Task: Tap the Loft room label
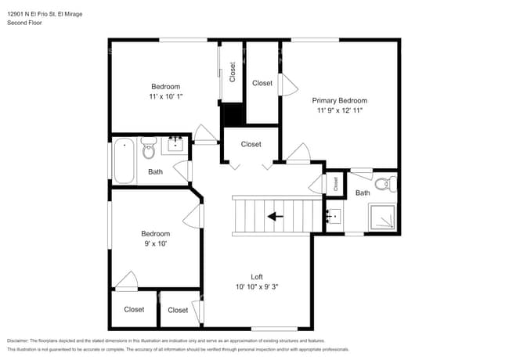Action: click(257, 276)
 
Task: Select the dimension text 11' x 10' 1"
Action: click(165, 97)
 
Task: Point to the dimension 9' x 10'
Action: click(154, 243)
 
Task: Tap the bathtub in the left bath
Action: click(124, 160)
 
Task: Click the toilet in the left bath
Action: click(149, 147)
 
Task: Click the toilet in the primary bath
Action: click(384, 185)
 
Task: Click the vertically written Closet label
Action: click(233, 73)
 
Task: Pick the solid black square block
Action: click(233, 114)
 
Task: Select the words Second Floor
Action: click(24, 23)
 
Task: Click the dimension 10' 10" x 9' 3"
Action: click(257, 286)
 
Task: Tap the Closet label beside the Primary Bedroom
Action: click(262, 83)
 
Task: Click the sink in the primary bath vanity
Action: click(334, 214)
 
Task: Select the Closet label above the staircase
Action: click(251, 144)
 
